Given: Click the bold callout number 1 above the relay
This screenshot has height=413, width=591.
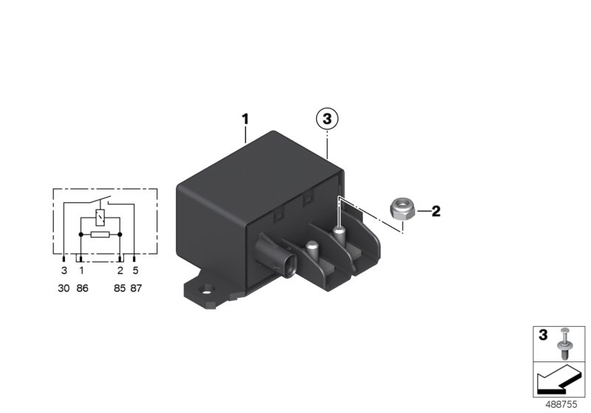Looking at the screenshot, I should (x=246, y=118).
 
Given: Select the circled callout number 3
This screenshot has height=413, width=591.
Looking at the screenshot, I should (x=327, y=118).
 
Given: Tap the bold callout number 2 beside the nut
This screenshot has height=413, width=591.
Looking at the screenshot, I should (x=436, y=212).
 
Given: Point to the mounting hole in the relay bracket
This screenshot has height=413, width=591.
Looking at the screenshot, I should (x=208, y=289).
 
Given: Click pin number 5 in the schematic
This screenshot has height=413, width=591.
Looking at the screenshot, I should (x=136, y=271).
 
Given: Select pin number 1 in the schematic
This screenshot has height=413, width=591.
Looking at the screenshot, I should (x=81, y=271).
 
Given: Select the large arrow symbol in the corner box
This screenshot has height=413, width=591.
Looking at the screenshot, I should (x=557, y=382).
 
